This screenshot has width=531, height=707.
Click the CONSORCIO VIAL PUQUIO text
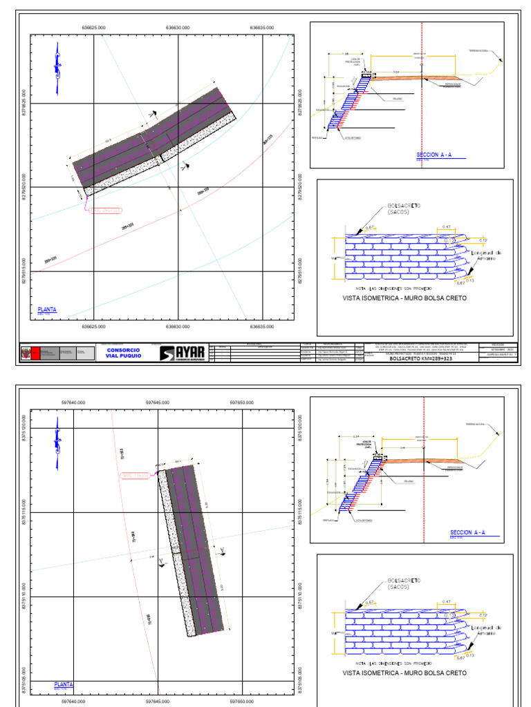(x=124, y=353)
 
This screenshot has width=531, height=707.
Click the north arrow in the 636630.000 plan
(x=57, y=68)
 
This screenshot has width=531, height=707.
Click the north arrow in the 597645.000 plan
(x=57, y=444)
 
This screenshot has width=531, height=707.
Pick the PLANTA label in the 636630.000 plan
(x=47, y=310)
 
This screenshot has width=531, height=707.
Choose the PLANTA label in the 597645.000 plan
(x=64, y=685)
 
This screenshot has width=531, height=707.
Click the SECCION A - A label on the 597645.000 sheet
(x=468, y=533)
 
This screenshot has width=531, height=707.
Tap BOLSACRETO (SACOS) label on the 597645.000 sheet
(x=404, y=583)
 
